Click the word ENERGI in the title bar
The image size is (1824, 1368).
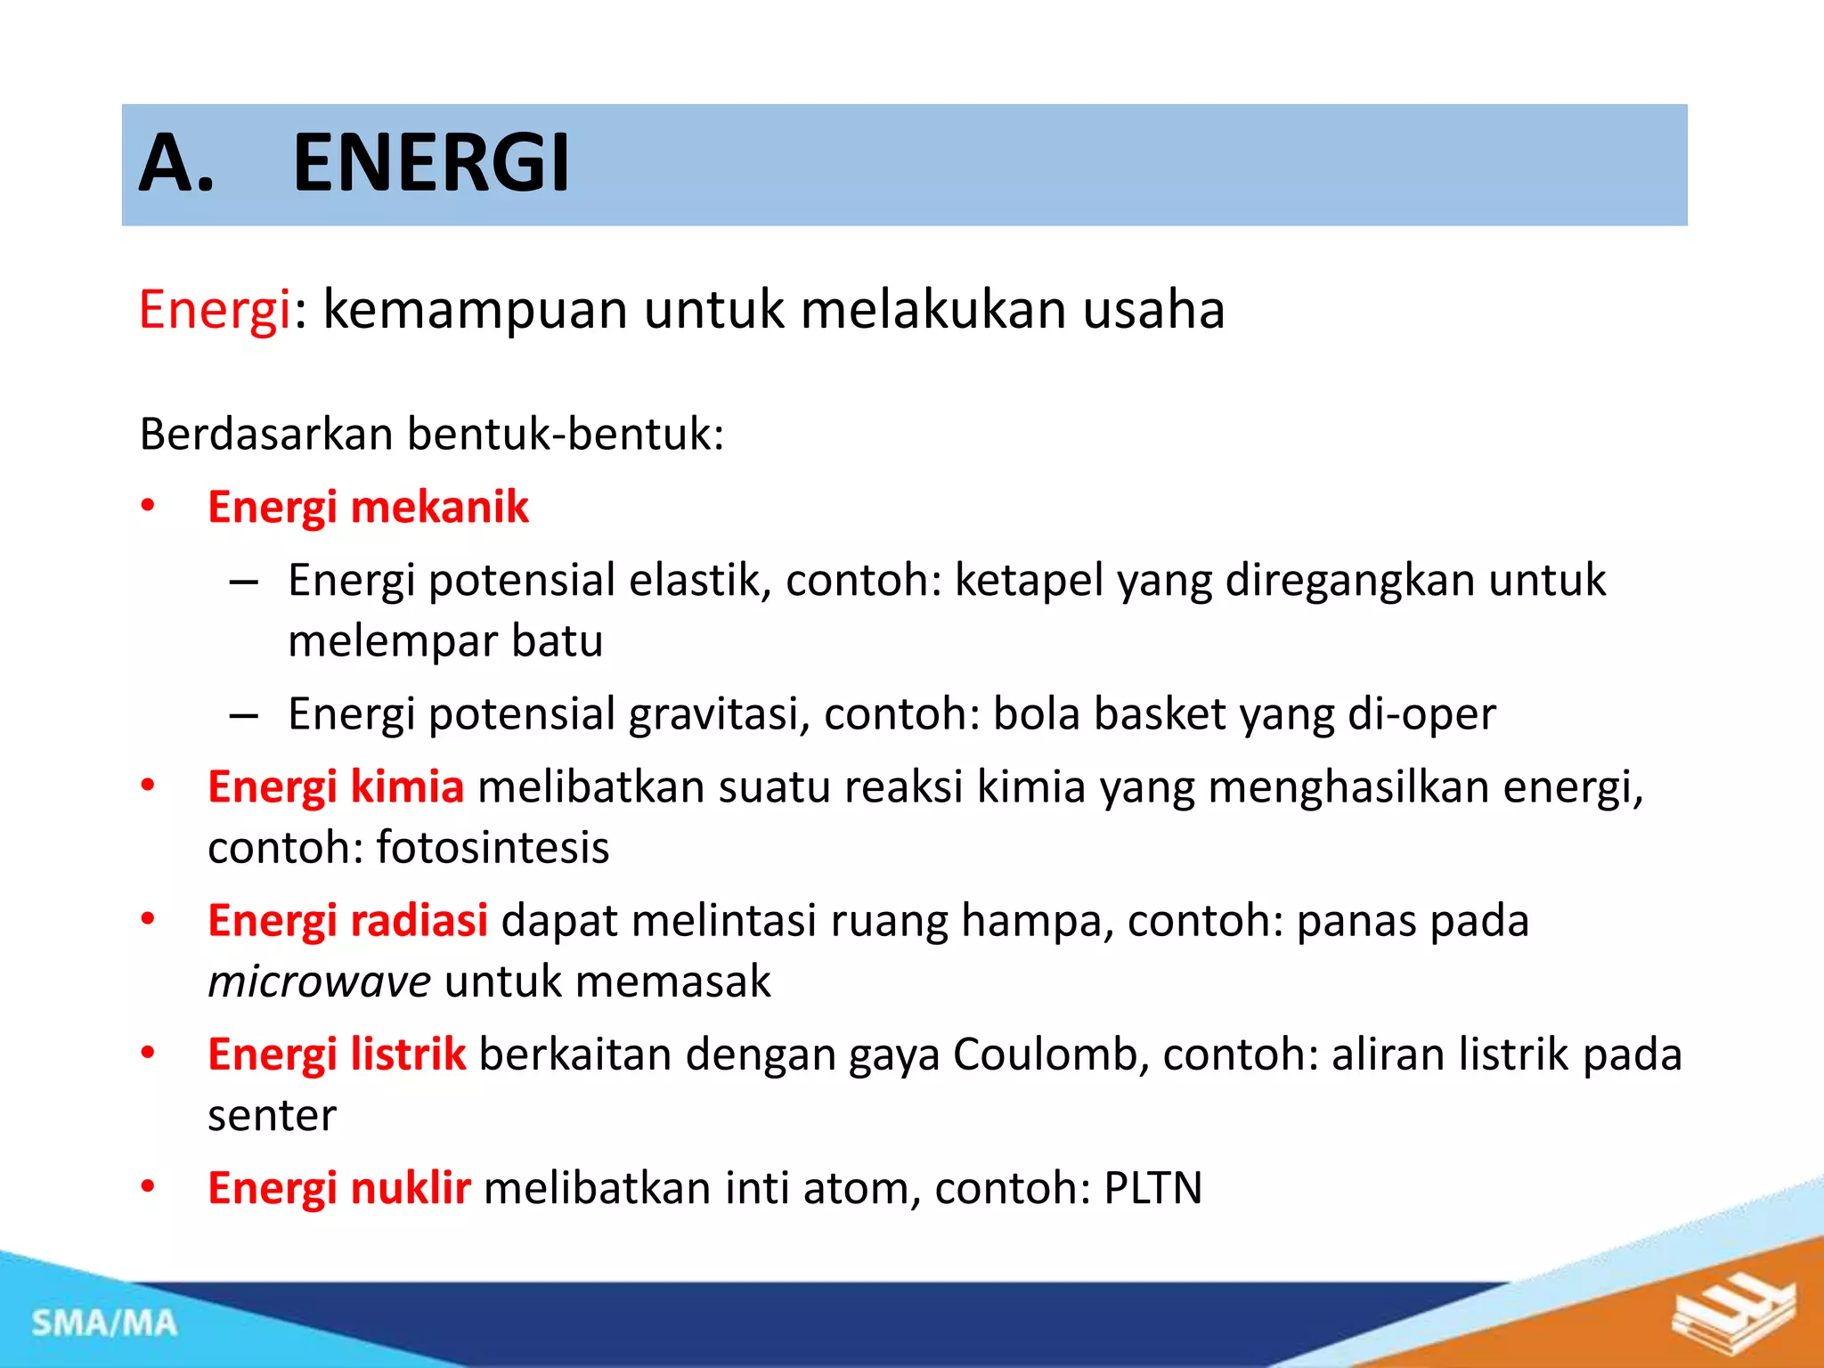[431, 163]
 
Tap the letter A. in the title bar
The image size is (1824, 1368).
[177, 163]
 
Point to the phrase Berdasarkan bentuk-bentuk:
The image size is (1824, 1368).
[432, 435]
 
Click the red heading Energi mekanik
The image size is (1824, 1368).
[368, 507]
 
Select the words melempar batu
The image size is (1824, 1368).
[445, 641]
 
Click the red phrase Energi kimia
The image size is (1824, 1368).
[336, 787]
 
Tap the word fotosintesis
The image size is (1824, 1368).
[493, 847]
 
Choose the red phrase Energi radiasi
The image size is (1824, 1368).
[347, 921]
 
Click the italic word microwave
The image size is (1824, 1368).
[320, 981]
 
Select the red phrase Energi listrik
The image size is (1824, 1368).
[337, 1054]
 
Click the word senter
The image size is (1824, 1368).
[273, 1115]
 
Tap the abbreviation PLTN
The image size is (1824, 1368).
[1153, 1188]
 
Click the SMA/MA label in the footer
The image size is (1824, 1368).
[105, 1323]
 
